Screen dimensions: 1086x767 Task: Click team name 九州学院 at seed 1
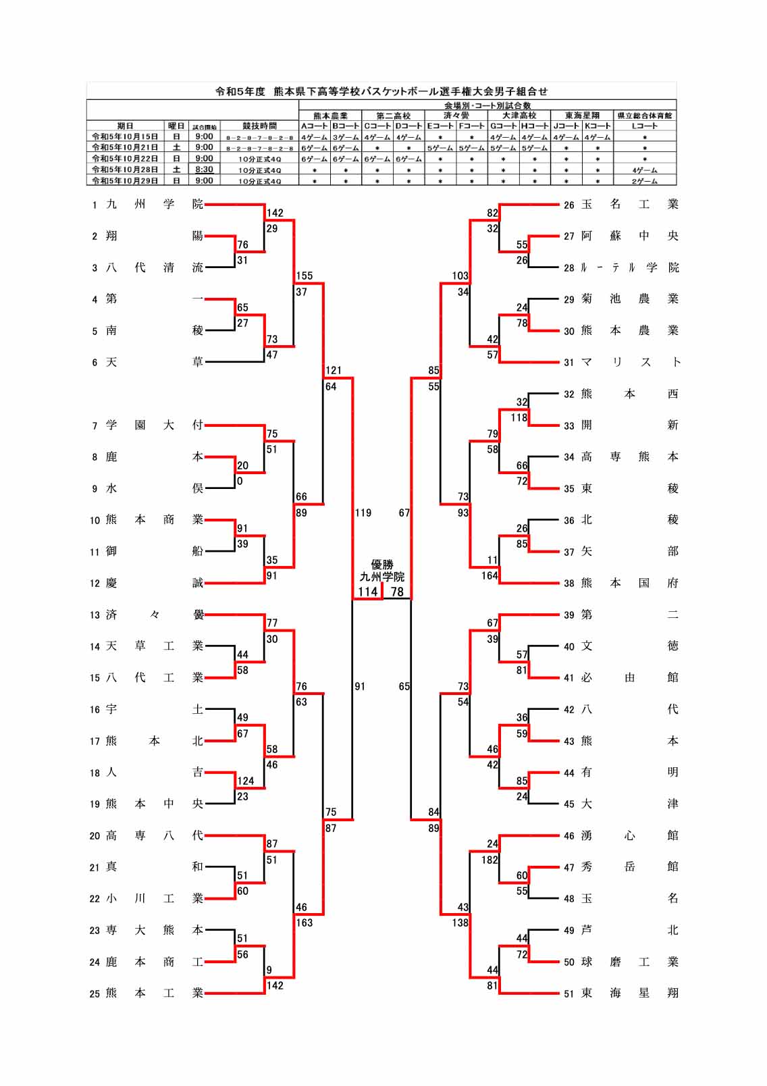[154, 204]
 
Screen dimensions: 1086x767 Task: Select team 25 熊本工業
[154, 993]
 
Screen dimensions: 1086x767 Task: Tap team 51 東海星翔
[630, 993]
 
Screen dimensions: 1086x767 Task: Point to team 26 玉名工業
[630, 204]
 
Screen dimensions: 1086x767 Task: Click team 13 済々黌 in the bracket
[154, 615]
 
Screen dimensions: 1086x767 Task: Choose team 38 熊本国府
[630, 583]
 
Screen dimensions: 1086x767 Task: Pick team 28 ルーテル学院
[630, 267]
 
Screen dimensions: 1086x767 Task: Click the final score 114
[367, 592]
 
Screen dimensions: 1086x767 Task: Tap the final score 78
[397, 592]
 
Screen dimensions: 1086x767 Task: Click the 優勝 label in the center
[381, 565]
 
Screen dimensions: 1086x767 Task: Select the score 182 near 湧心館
[490, 860]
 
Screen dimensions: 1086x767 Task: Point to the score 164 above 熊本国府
[490, 575]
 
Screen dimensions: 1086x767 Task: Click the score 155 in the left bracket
[304, 276]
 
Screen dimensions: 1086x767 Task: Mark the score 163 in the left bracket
[304, 923]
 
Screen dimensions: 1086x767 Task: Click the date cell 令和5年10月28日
[125, 170]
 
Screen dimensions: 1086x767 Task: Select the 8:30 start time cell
[204, 170]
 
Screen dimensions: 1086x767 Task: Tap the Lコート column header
[645, 126]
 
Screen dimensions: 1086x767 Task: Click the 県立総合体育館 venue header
[645, 115]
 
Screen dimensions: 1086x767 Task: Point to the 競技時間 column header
[259, 126]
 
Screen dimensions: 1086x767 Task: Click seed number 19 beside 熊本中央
[95, 804]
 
